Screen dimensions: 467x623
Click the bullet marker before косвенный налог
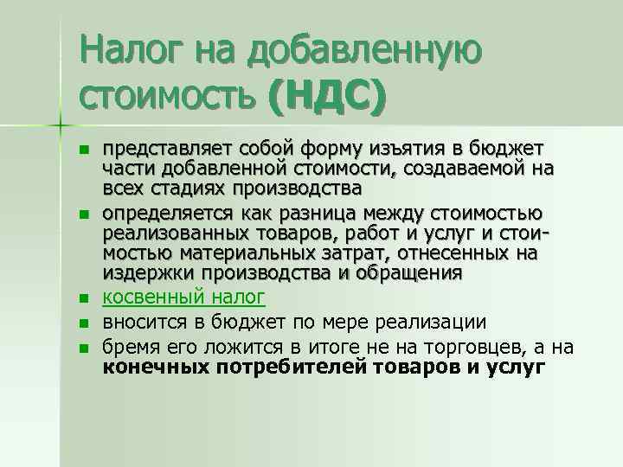click(84, 298)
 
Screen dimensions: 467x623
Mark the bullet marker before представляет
click(84, 150)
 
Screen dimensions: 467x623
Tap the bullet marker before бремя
click(84, 349)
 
